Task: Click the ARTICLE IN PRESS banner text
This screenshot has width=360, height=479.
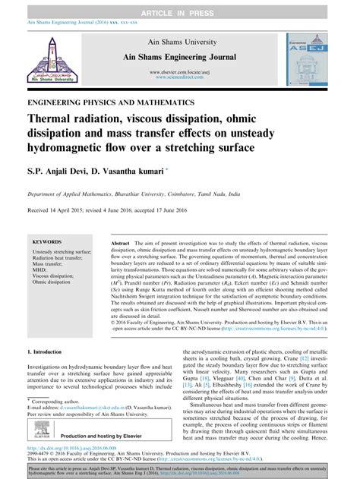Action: click(180, 7)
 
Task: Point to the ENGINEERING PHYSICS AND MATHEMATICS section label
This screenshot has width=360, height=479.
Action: click(110, 101)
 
